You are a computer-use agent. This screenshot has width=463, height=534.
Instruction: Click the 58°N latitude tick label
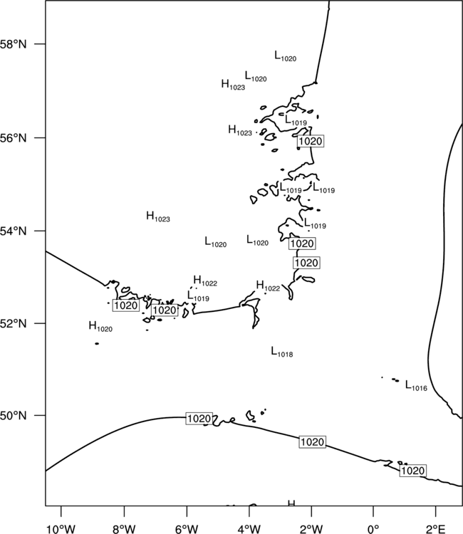(13, 44)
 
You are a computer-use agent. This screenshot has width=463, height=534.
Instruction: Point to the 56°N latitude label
(13, 138)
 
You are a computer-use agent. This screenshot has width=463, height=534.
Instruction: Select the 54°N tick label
(13, 231)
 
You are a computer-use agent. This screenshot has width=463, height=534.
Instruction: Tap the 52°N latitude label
(13, 323)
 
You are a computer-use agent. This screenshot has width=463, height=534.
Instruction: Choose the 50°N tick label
(13, 416)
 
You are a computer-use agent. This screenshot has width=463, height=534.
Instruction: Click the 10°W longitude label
(61, 529)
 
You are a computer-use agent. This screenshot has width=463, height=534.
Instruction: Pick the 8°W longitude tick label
(124, 529)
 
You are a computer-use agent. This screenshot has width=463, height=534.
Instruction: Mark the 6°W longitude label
(187, 529)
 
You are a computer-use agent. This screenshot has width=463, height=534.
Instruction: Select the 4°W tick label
(249, 529)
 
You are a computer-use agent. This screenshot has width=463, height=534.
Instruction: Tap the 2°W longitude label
(311, 529)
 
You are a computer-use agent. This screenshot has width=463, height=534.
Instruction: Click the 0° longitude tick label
(373, 529)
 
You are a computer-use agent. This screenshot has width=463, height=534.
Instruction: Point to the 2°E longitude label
(436, 529)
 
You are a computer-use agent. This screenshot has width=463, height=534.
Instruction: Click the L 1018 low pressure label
(282, 352)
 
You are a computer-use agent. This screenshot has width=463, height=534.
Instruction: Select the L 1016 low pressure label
(416, 386)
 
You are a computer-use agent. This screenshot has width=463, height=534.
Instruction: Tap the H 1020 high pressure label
(100, 327)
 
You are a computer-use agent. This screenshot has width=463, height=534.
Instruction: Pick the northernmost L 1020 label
(286, 56)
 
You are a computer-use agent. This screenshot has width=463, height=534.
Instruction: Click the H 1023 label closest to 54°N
(158, 217)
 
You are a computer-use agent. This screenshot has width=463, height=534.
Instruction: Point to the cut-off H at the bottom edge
(291, 503)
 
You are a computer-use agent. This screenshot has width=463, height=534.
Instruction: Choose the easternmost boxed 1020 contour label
(412, 471)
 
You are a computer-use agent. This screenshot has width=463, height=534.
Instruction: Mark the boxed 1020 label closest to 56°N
(311, 141)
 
